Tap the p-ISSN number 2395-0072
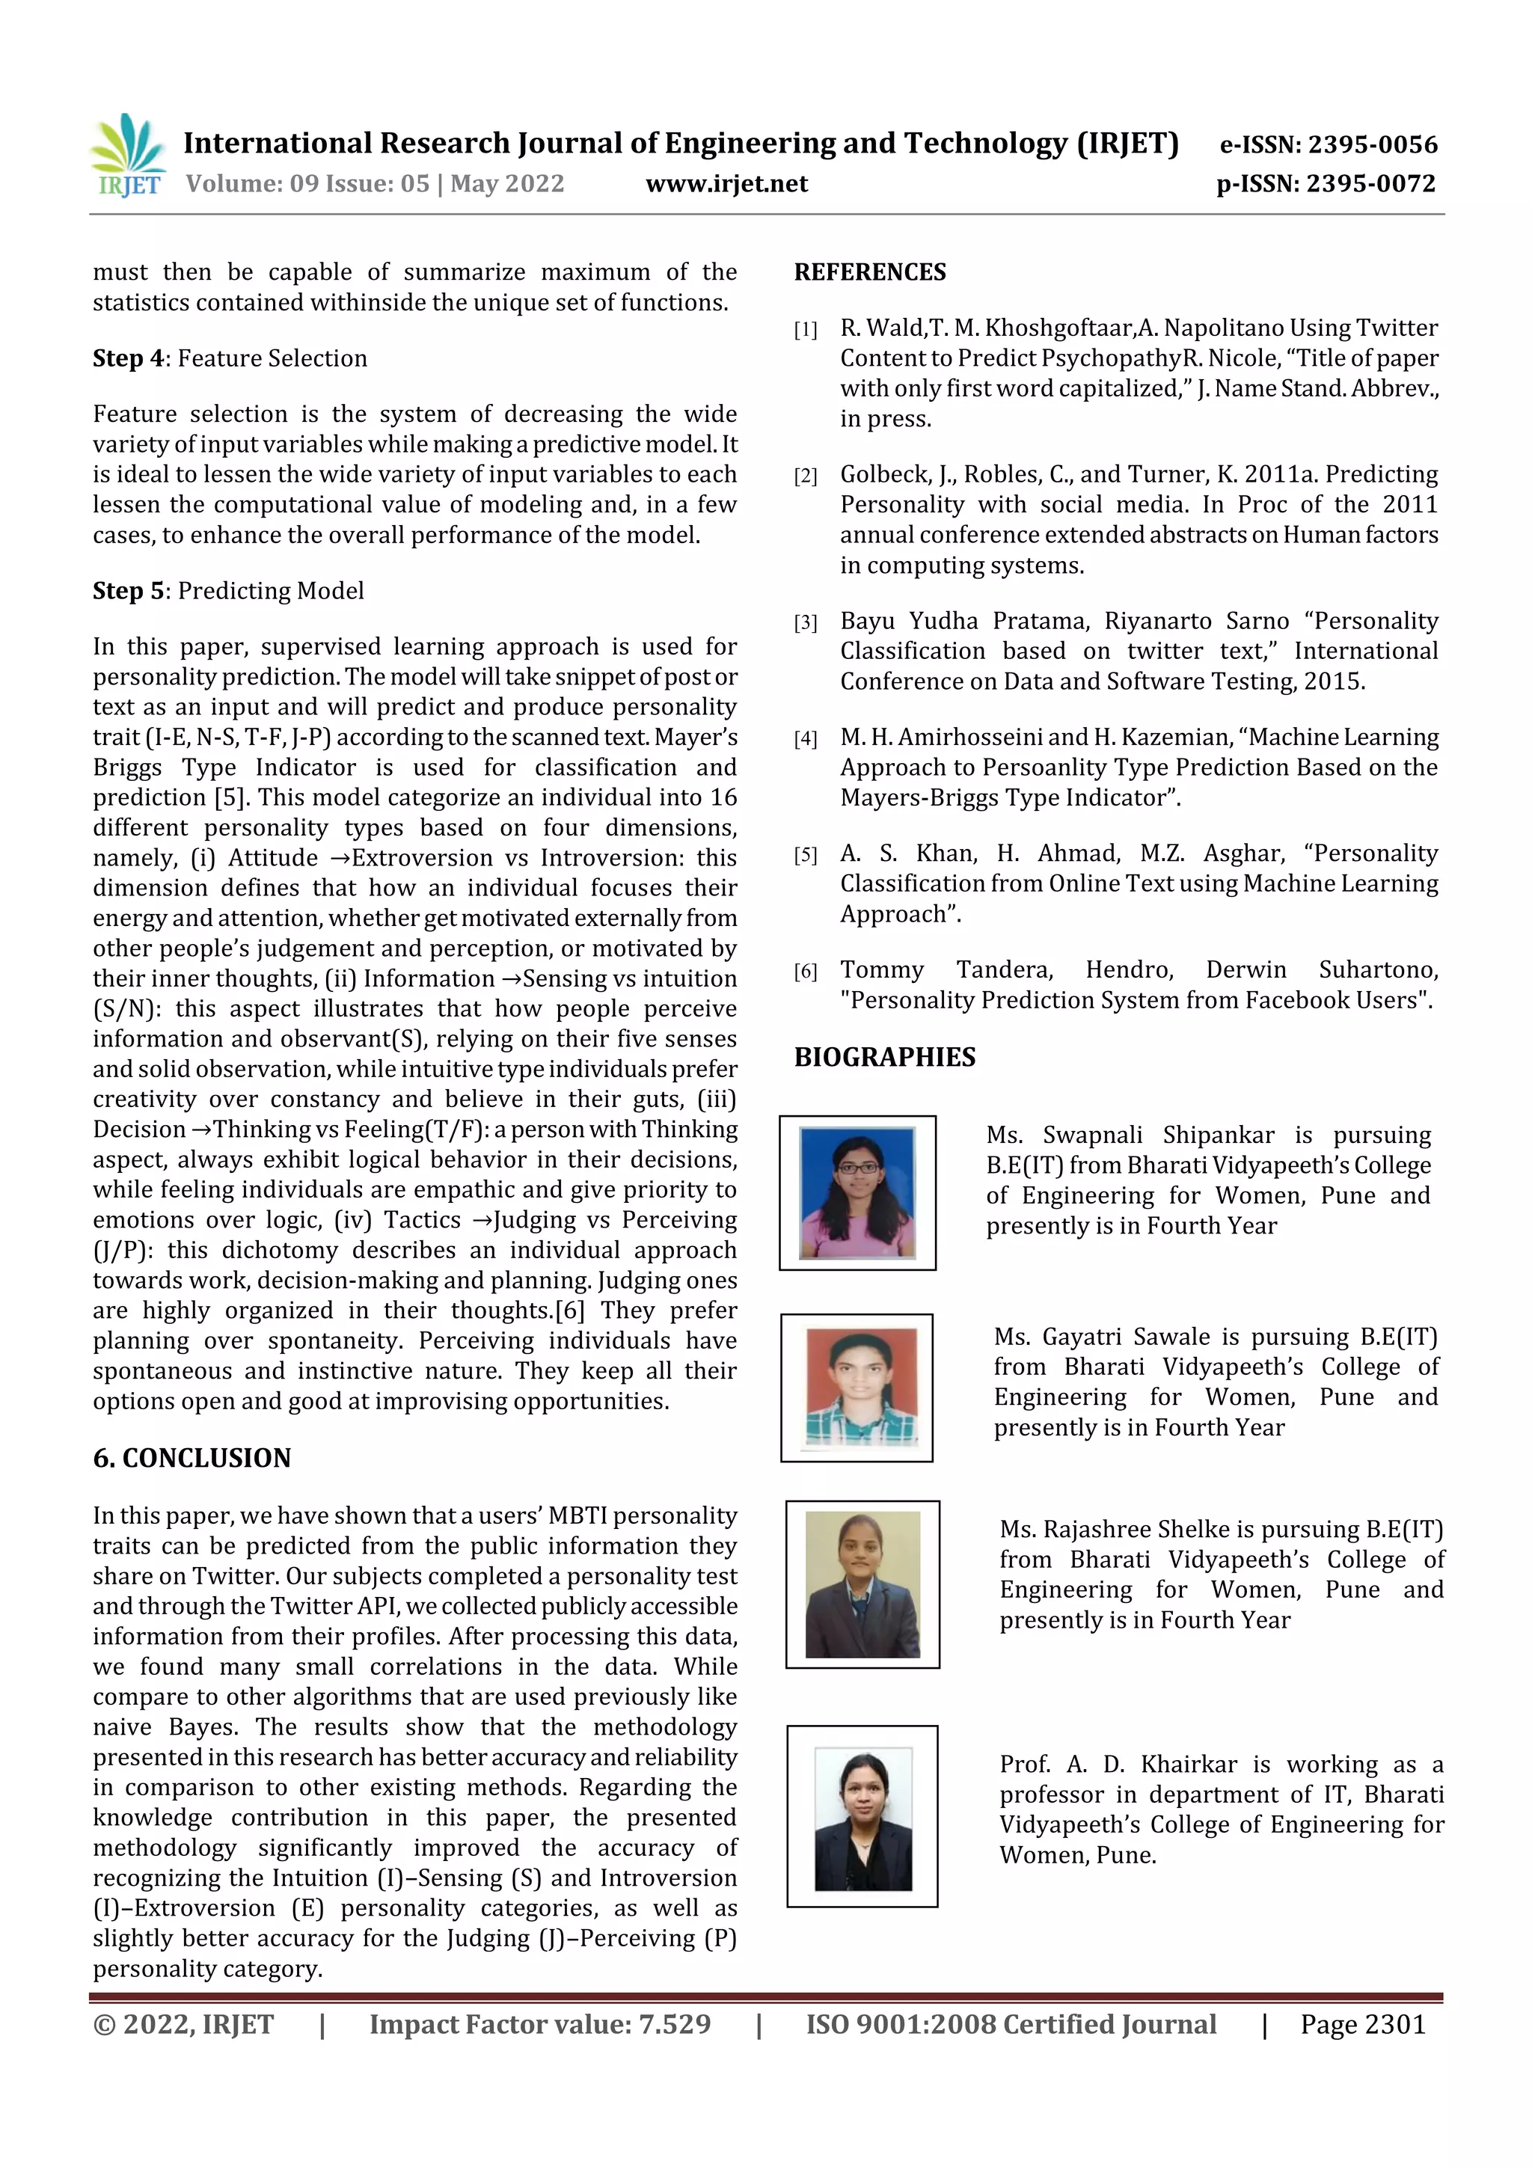1371,184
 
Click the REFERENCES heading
869,273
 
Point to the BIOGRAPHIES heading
884,1057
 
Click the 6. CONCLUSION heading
191,1458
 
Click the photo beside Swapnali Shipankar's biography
857,1193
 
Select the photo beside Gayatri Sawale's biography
857,1388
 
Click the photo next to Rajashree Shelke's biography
862,1584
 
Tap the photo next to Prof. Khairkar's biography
862,1817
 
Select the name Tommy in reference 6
882,970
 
